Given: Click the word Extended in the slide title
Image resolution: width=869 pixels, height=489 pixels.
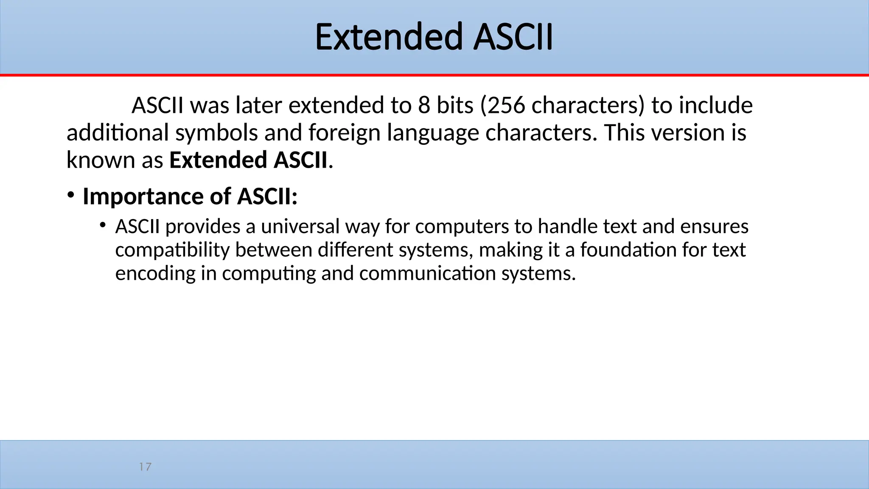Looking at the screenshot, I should tap(388, 37).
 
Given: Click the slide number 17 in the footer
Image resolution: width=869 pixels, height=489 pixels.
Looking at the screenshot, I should tap(145, 467).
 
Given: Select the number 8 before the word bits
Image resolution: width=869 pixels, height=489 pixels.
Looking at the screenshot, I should tap(424, 105).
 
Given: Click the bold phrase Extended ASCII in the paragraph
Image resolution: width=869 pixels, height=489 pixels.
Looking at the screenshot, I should tap(248, 160).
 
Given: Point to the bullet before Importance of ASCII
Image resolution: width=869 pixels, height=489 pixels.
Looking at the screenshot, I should tap(70, 196).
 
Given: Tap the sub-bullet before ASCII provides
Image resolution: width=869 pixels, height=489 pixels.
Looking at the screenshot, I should tap(102, 225).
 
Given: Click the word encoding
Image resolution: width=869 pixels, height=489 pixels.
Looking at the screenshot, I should tap(155, 273).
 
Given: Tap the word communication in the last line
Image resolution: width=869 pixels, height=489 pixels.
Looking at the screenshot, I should tap(427, 273).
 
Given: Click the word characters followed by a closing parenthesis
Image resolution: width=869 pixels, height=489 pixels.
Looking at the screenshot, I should tap(585, 105).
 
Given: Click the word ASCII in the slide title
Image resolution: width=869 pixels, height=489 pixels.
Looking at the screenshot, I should tap(513, 37).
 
